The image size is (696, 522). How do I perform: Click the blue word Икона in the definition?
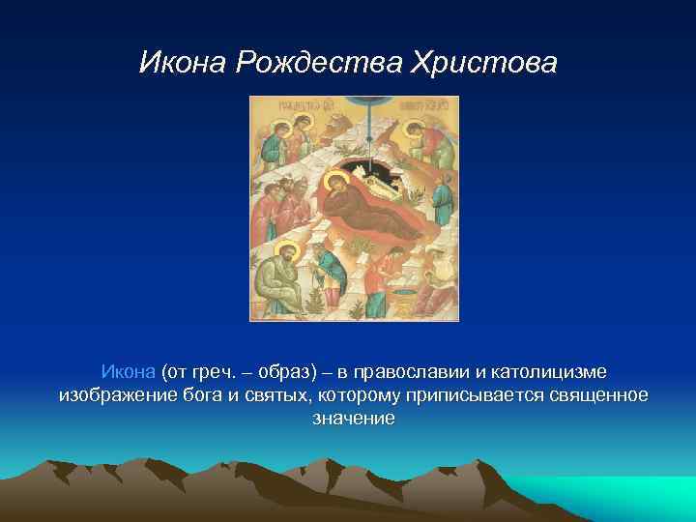[x=128, y=372]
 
